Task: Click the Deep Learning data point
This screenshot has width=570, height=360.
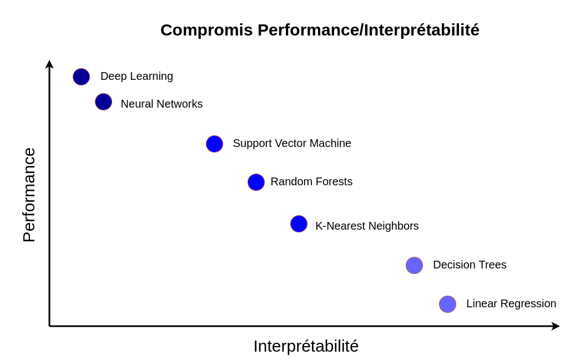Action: [82, 77]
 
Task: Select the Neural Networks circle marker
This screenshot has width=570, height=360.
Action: [104, 102]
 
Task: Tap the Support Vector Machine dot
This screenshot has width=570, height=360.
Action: [214, 144]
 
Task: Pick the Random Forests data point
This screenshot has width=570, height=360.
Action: [256, 182]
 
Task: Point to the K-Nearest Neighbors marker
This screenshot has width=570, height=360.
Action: [299, 224]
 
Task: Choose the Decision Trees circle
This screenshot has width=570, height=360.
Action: [415, 265]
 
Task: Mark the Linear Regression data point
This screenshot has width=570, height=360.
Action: [447, 304]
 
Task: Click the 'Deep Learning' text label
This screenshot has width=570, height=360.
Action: [137, 77]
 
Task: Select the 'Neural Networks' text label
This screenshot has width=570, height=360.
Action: [162, 104]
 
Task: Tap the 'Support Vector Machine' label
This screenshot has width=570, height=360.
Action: [292, 143]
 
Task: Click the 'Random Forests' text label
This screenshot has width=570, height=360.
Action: [311, 181]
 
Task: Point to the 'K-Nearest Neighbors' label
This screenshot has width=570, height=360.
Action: [367, 226]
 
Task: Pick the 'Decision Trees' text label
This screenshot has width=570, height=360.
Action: [470, 265]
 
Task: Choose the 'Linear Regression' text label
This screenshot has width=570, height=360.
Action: [511, 303]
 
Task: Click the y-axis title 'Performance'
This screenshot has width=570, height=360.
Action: [29, 195]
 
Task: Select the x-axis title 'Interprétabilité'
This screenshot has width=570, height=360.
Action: [306, 346]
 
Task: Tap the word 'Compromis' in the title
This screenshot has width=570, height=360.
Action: [206, 31]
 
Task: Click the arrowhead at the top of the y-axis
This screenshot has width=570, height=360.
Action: [49, 64]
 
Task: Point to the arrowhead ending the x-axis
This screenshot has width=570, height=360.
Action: [556, 326]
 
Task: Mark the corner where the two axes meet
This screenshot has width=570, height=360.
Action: [49, 326]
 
